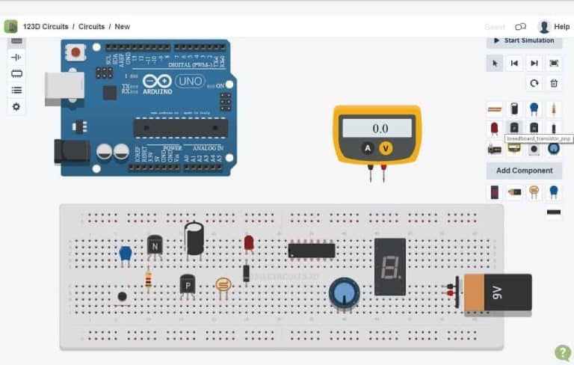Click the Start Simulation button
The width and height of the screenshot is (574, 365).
tap(524, 40)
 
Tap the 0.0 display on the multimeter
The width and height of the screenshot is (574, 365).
tap(377, 129)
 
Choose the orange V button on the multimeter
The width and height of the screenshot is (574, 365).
tap(386, 148)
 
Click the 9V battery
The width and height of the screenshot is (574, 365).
tap(497, 292)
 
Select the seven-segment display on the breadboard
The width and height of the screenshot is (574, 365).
tap(389, 267)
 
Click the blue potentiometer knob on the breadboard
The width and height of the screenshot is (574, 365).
tap(344, 292)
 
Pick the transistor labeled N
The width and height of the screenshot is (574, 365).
tap(155, 245)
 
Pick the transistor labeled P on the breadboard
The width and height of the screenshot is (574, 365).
tap(188, 284)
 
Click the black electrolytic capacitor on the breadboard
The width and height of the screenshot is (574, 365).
tap(194, 239)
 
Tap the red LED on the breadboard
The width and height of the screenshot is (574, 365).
tap(248, 243)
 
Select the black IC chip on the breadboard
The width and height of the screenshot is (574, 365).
tap(311, 250)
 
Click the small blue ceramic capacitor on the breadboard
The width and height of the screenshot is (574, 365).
tap(125, 253)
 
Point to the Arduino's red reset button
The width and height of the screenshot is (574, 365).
tap(75, 52)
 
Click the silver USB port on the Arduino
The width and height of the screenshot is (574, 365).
tap(64, 88)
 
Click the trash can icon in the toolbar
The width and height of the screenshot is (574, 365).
tap(554, 83)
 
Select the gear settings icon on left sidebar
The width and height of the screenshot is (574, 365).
tap(16, 107)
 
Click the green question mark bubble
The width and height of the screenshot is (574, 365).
tap(562, 352)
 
